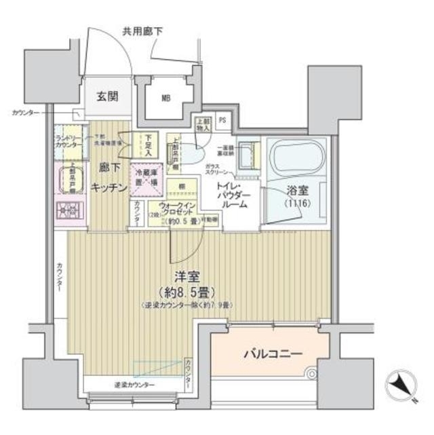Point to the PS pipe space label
point(224,122)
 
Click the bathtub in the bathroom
point(296,158)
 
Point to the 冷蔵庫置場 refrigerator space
point(146,179)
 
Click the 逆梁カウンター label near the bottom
point(134,385)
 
